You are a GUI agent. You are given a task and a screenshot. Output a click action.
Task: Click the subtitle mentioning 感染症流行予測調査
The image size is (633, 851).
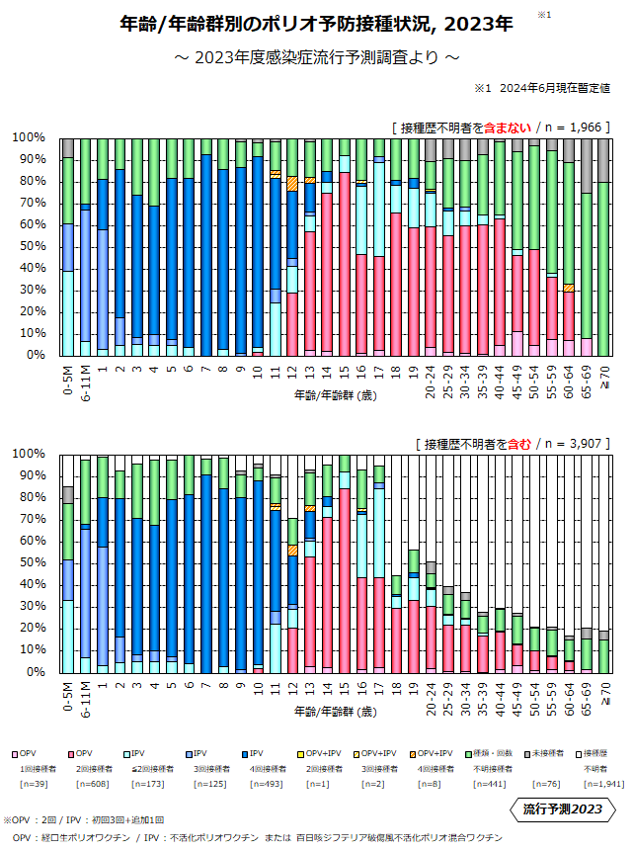pyautogui.click(x=316, y=57)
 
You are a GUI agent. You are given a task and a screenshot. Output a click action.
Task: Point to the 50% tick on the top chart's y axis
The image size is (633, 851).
pyautogui.click(x=32, y=245)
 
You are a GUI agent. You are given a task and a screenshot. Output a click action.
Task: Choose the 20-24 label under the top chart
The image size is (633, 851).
pyautogui.click(x=432, y=382)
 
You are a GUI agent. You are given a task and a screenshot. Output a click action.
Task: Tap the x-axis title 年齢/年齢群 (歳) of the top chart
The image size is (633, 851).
pyautogui.click(x=335, y=395)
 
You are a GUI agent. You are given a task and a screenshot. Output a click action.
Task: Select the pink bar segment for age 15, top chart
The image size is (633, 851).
pyautogui.click(x=344, y=263)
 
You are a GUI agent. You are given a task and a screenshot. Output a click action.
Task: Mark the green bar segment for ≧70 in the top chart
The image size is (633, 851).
pyautogui.click(x=603, y=267)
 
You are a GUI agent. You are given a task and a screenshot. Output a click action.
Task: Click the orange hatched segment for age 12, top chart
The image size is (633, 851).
pyautogui.click(x=292, y=184)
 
